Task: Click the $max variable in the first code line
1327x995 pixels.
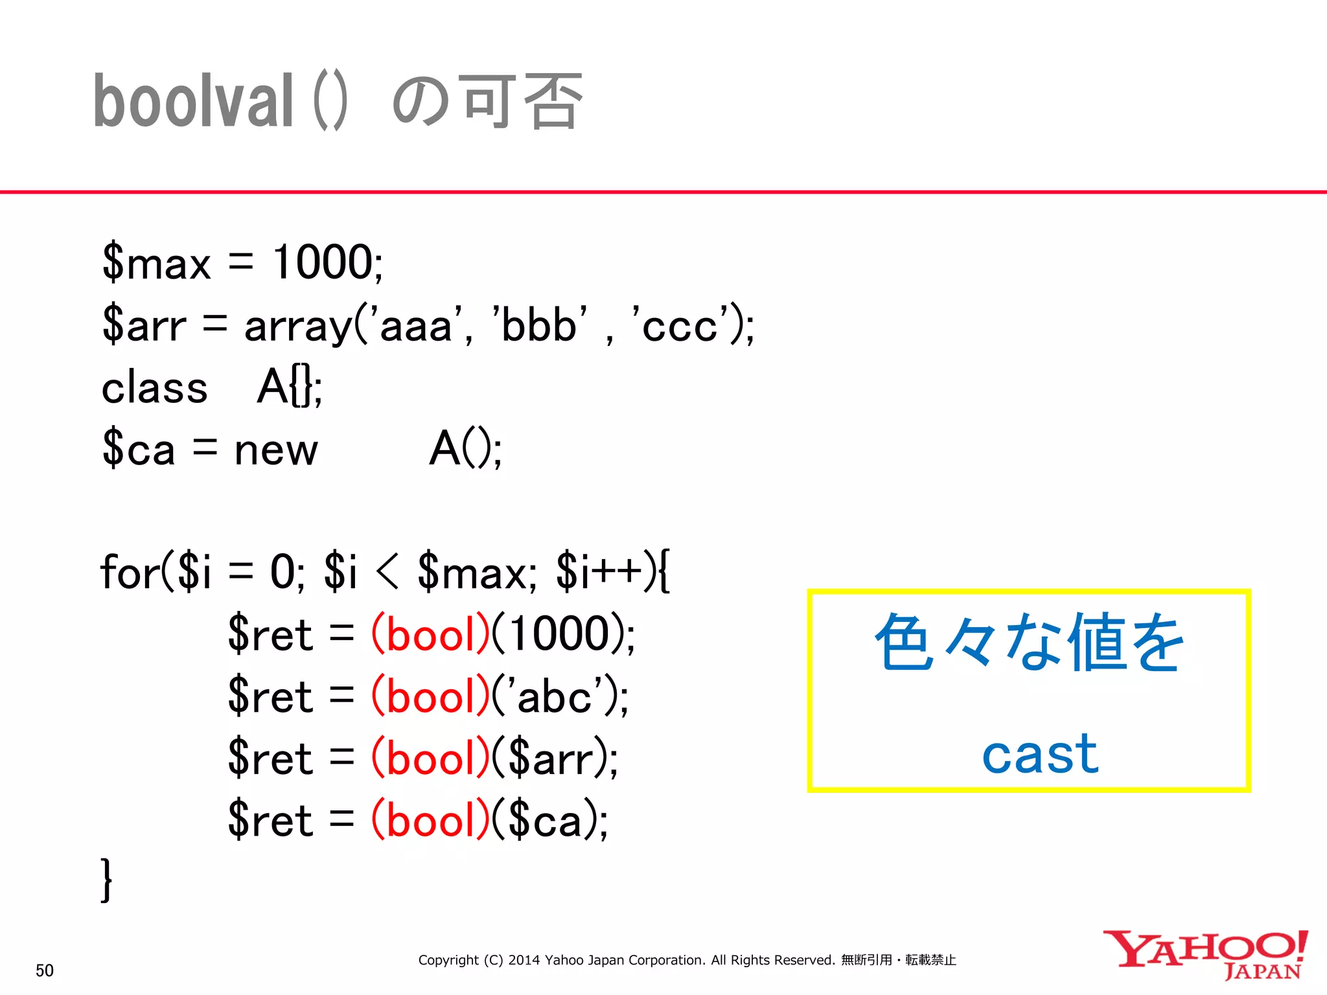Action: point(157,263)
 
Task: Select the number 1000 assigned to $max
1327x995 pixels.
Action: point(323,263)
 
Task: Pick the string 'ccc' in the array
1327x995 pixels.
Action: point(680,325)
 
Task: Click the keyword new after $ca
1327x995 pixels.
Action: point(276,450)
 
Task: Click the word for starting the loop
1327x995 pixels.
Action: point(130,573)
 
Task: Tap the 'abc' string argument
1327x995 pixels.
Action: point(555,697)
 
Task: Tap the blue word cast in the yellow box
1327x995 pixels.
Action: point(1040,754)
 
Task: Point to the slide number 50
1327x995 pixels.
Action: point(45,970)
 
